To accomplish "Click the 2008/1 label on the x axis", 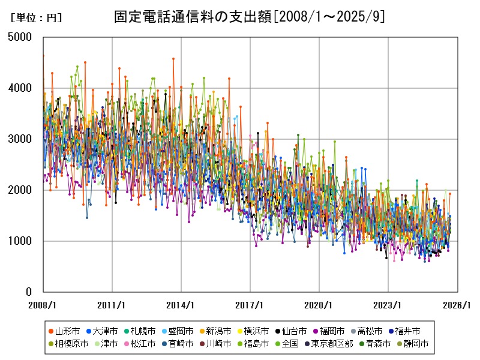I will (x=43, y=305).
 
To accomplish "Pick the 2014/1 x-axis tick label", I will (x=181, y=305).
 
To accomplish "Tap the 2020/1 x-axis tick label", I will (x=319, y=305).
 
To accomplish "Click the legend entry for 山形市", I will (x=67, y=331).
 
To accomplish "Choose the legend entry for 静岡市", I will (x=415, y=344).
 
